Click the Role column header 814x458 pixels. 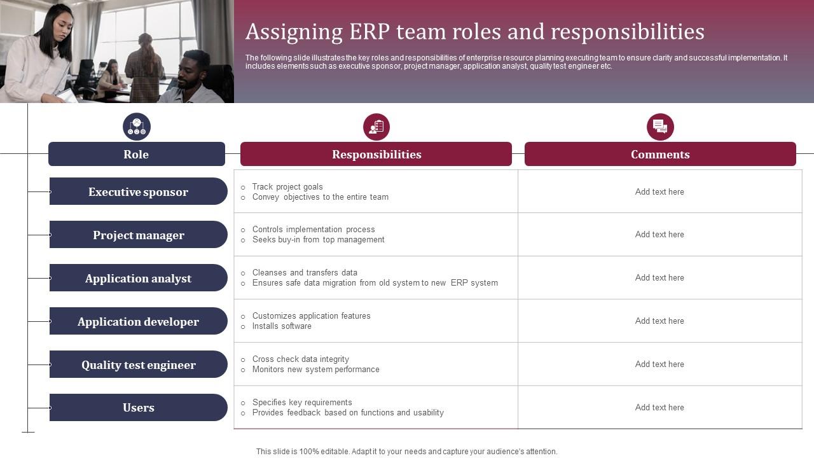click(x=136, y=155)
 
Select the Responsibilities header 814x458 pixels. click(x=376, y=155)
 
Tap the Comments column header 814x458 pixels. click(x=660, y=155)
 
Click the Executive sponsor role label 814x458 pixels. click(x=138, y=192)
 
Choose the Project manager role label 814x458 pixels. click(x=138, y=235)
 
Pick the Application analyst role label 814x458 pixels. click(x=138, y=279)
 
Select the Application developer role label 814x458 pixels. click(x=138, y=322)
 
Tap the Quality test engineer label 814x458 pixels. click(x=138, y=365)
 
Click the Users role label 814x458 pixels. click(x=138, y=408)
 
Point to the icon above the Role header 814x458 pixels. click(x=137, y=127)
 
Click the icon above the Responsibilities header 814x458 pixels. click(x=376, y=127)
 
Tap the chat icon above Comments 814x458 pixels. click(x=660, y=127)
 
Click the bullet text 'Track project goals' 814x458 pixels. click(x=287, y=187)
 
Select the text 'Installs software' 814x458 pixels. click(x=282, y=326)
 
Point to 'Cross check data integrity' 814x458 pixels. click(x=300, y=359)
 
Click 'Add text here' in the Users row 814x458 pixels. click(x=659, y=408)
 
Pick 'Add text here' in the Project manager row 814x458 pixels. click(x=659, y=235)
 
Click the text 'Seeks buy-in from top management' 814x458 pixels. click(x=318, y=240)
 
